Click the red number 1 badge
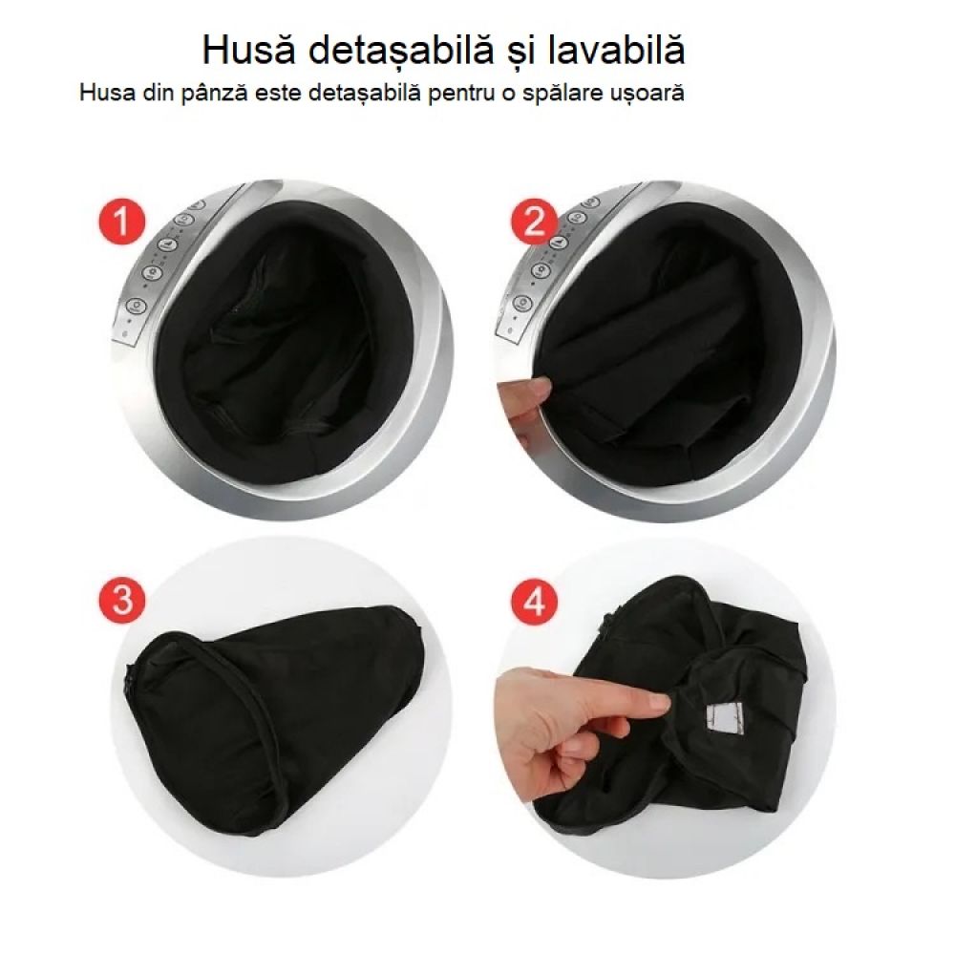tap(120, 224)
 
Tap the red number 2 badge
tap(535, 223)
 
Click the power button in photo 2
tap(522, 303)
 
